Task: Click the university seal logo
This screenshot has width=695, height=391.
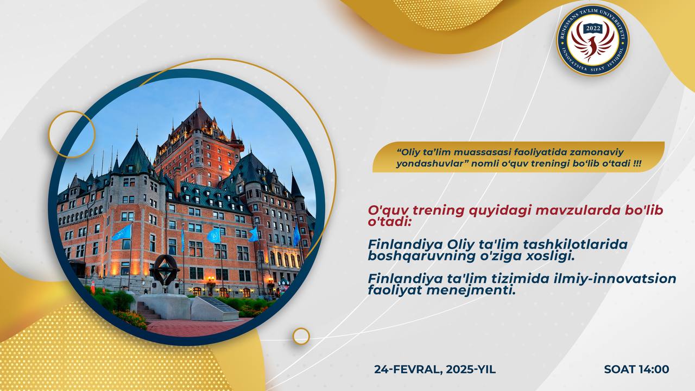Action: click(593, 40)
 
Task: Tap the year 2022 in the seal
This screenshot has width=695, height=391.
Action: click(593, 29)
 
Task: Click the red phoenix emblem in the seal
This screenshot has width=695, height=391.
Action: click(593, 44)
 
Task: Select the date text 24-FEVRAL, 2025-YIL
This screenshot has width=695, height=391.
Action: click(435, 369)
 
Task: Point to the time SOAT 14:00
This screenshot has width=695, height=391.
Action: click(636, 369)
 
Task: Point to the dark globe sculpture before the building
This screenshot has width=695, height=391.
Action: click(165, 270)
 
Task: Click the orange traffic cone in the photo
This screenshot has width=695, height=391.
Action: click(93, 287)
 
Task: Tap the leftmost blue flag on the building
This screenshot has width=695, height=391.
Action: click(122, 233)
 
